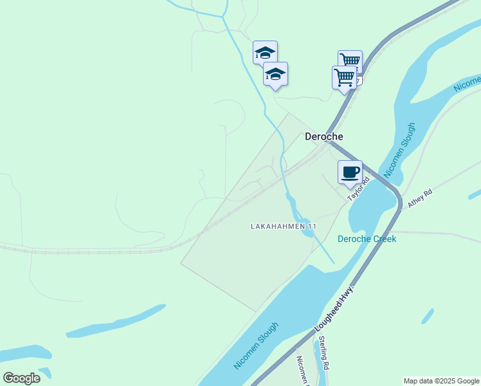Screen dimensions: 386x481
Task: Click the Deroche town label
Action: [323, 136]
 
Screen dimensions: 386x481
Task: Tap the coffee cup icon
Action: [350, 172]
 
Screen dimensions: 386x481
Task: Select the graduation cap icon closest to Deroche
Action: [276, 75]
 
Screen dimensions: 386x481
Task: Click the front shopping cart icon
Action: [344, 77]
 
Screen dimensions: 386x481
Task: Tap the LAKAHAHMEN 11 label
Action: [284, 226]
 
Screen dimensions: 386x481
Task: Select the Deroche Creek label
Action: [367, 239]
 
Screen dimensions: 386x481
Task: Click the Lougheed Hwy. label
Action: [335, 309]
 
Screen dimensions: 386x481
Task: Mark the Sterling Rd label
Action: [323, 356]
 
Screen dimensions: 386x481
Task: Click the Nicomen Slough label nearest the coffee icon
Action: [399, 150]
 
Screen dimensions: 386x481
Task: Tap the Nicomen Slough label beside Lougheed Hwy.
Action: [257, 345]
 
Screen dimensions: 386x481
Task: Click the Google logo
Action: [21, 378]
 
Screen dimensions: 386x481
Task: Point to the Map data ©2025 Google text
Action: [442, 381]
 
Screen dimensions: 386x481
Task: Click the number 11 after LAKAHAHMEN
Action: [313, 226]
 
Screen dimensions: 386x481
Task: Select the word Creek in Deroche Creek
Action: [385, 239]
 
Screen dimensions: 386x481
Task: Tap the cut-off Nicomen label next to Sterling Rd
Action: [302, 371]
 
